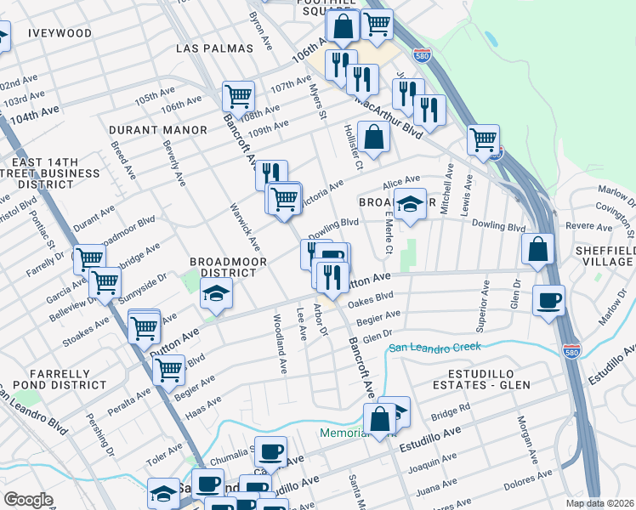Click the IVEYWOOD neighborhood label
pos(60,33)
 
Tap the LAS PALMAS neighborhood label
pos(214,48)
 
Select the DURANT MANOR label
pos(158,130)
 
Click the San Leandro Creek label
pos(434,347)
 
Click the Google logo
pos(28,500)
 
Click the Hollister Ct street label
pos(353,143)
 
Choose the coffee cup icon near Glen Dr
pos(548,300)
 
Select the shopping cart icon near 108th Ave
pos(239,96)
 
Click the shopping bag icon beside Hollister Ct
pos(373,135)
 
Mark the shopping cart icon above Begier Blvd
pos(168,369)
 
